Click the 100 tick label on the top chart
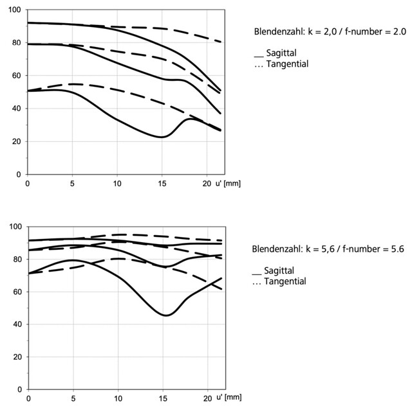(x=14, y=10)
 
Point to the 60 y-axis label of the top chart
(x=16, y=76)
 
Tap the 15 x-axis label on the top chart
(x=162, y=184)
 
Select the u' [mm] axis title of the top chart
(x=228, y=183)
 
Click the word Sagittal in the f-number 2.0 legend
(x=281, y=53)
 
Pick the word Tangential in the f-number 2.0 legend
(x=287, y=64)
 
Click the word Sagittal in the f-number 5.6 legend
(x=279, y=270)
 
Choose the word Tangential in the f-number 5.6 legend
(x=285, y=281)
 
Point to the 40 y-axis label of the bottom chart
(x=17, y=324)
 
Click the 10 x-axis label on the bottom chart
(x=118, y=399)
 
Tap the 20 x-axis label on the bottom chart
(x=207, y=399)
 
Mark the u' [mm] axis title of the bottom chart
(x=229, y=398)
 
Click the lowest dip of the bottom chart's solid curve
(x=165, y=315)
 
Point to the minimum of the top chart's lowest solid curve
(x=162, y=137)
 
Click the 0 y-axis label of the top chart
(x=19, y=174)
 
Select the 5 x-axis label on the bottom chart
(x=73, y=399)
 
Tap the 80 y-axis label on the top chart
(x=16, y=43)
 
